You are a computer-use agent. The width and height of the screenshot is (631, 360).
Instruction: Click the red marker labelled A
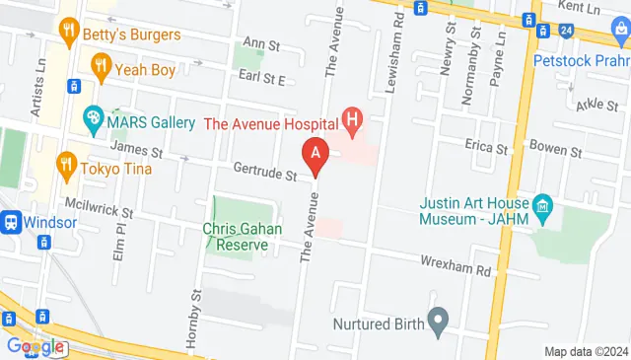(x=315, y=155)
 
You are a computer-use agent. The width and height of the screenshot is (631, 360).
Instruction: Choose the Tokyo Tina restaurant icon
(x=67, y=164)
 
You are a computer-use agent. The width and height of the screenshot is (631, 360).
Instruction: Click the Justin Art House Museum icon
(x=542, y=206)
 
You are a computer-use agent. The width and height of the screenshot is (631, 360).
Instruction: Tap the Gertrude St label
(x=264, y=175)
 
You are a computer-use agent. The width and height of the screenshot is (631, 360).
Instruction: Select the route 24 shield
(x=565, y=31)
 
